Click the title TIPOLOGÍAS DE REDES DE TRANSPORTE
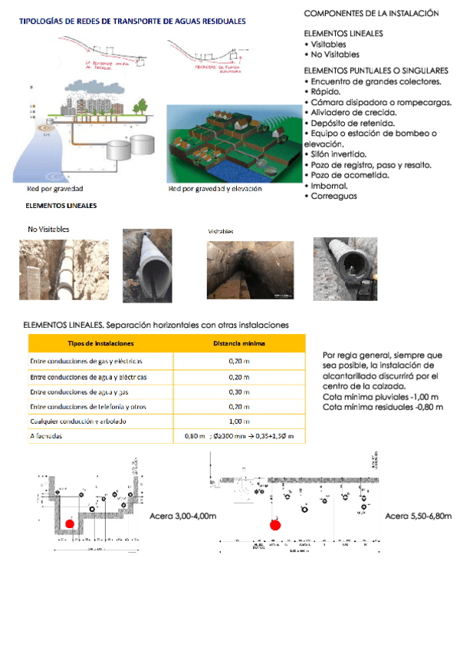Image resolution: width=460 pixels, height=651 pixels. tap(132, 22)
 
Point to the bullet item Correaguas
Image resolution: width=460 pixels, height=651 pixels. tap(334, 196)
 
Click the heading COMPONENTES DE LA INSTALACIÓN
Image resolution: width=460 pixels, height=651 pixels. tap(371, 14)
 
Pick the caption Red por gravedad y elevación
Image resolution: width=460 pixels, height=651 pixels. tap(215, 189)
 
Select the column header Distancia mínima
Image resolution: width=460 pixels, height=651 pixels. tap(239, 342)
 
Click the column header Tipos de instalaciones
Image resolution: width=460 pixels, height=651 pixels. tap(100, 342)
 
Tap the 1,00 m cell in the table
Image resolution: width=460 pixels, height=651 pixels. tap(239, 421)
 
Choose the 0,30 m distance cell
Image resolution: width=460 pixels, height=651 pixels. tap(239, 392)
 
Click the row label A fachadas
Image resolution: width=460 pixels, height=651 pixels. tap(46, 436)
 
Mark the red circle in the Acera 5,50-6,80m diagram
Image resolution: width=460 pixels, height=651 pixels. tap(277, 525)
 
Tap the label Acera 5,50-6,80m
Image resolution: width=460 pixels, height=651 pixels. tap(419, 516)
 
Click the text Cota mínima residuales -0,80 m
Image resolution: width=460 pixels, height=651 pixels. tap(383, 407)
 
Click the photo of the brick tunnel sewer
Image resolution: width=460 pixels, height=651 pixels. tap(250, 269)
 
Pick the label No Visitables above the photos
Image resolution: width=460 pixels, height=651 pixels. tap(48, 229)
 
